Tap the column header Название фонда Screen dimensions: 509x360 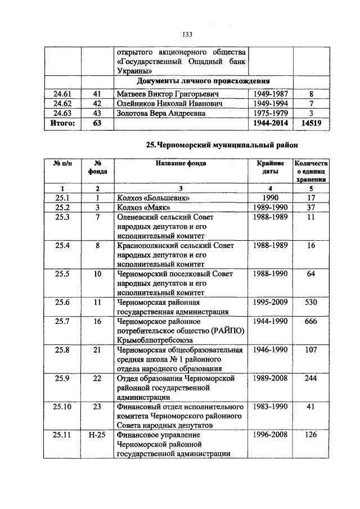[x=181, y=163]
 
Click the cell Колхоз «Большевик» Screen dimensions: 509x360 [x=152, y=198]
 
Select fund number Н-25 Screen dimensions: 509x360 [x=97, y=435]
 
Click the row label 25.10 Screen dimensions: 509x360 [x=64, y=406]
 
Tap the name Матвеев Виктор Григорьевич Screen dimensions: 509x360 [x=167, y=93]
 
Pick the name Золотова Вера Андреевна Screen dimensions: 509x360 [x=160, y=113]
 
